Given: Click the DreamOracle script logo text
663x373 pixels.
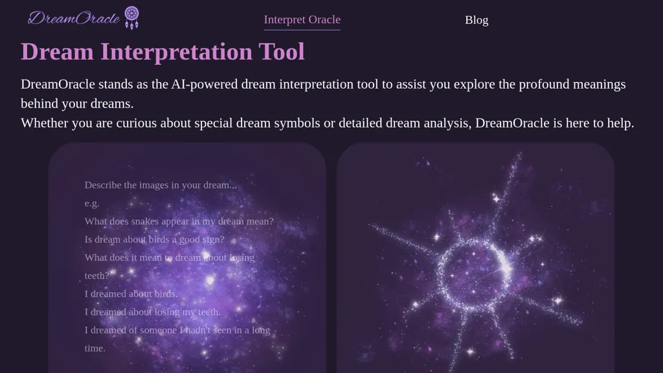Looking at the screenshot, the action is [x=74, y=17].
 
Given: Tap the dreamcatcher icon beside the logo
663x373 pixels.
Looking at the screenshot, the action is [x=131, y=17].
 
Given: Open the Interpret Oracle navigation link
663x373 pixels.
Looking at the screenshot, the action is [x=302, y=19].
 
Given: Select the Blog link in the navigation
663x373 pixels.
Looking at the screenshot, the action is [x=477, y=20].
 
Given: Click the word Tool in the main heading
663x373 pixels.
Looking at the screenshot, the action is [x=282, y=52].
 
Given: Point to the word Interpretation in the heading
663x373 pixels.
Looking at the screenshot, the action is [x=176, y=52].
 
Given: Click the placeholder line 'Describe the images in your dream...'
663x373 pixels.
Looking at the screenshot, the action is [x=161, y=185].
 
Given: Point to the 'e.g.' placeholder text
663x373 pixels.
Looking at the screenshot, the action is [x=92, y=203].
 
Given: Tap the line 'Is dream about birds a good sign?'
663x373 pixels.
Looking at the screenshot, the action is [x=154, y=240].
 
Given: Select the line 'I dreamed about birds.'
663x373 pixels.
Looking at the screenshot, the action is [x=131, y=293].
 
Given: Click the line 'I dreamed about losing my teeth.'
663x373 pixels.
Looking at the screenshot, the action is [x=153, y=311].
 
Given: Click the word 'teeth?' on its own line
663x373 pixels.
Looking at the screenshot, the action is [x=97, y=276].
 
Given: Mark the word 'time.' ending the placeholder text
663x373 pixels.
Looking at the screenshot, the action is [x=95, y=348].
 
